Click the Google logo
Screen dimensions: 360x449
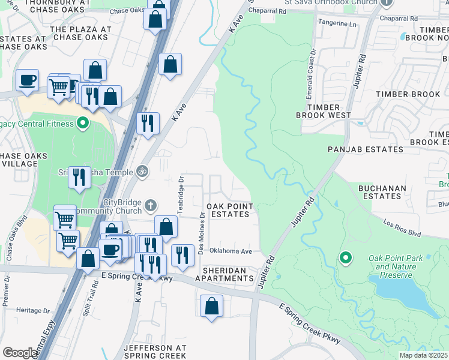(20, 353)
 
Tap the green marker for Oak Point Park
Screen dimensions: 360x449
(345, 258)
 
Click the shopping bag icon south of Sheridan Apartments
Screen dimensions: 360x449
(211, 306)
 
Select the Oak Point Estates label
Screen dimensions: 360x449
(229, 210)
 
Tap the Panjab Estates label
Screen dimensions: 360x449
(365, 149)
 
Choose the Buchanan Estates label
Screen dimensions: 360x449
(382, 192)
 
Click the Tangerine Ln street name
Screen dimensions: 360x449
(340, 25)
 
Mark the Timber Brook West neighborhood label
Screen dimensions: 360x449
(323, 111)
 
